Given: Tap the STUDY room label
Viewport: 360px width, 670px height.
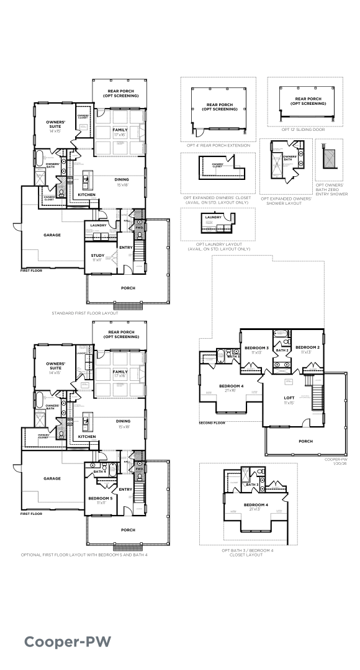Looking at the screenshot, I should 97,256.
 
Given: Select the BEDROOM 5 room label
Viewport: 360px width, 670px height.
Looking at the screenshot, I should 100,499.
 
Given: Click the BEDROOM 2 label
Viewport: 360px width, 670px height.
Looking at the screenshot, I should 307,347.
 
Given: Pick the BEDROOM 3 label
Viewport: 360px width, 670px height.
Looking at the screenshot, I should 256,347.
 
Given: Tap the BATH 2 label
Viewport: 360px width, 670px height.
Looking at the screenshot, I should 282,351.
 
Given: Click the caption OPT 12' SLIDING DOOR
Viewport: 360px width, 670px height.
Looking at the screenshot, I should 303,130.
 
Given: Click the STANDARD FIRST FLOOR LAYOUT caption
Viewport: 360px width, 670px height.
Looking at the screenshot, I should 85,313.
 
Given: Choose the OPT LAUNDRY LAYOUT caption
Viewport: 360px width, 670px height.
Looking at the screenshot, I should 218,246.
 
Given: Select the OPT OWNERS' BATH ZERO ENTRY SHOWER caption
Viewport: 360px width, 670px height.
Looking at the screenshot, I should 331,189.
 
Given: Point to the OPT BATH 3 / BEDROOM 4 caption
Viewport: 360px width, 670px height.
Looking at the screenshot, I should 242,552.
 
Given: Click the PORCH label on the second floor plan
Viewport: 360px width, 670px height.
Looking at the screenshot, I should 305,441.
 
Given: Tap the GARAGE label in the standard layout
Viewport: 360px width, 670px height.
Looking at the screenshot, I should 52,235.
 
